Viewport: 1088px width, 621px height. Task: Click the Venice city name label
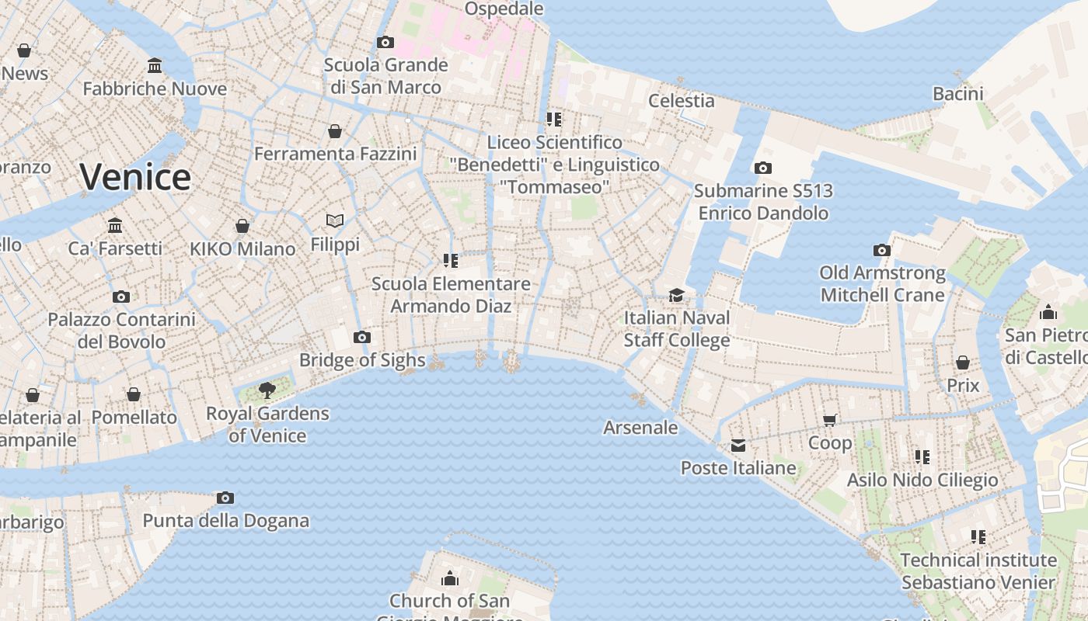pyautogui.click(x=135, y=177)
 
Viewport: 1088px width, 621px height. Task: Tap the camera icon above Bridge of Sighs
pyautogui.click(x=361, y=337)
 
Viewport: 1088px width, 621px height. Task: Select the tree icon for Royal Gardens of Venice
pyautogui.click(x=267, y=390)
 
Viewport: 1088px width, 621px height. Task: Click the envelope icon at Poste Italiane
pyautogui.click(x=738, y=445)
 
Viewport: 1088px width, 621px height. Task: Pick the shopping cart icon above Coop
pyautogui.click(x=829, y=420)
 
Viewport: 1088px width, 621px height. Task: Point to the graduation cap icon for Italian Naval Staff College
pyautogui.click(x=676, y=295)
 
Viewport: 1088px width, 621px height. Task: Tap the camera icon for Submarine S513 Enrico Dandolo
pyautogui.click(x=762, y=168)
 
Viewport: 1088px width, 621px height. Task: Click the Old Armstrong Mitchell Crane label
pyautogui.click(x=882, y=284)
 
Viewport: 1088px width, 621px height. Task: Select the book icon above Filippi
pyautogui.click(x=335, y=221)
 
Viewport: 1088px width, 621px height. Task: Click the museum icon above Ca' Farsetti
pyautogui.click(x=115, y=225)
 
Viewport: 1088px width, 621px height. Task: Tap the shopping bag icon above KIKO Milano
pyautogui.click(x=242, y=226)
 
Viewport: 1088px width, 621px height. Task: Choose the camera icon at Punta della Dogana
pyautogui.click(x=225, y=498)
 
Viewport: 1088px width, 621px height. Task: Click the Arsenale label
pyautogui.click(x=640, y=428)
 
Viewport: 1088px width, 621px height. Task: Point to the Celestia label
pyautogui.click(x=681, y=100)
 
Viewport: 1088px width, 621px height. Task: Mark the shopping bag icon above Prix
pyautogui.click(x=963, y=363)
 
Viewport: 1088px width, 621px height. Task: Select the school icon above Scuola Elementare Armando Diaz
pyautogui.click(x=450, y=261)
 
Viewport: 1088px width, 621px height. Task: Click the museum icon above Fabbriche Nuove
pyautogui.click(x=155, y=66)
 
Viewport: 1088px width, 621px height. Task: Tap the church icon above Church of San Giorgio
pyautogui.click(x=449, y=578)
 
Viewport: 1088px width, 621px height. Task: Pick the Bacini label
pyautogui.click(x=957, y=94)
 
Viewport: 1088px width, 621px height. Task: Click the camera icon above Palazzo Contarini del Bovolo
pyautogui.click(x=120, y=297)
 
